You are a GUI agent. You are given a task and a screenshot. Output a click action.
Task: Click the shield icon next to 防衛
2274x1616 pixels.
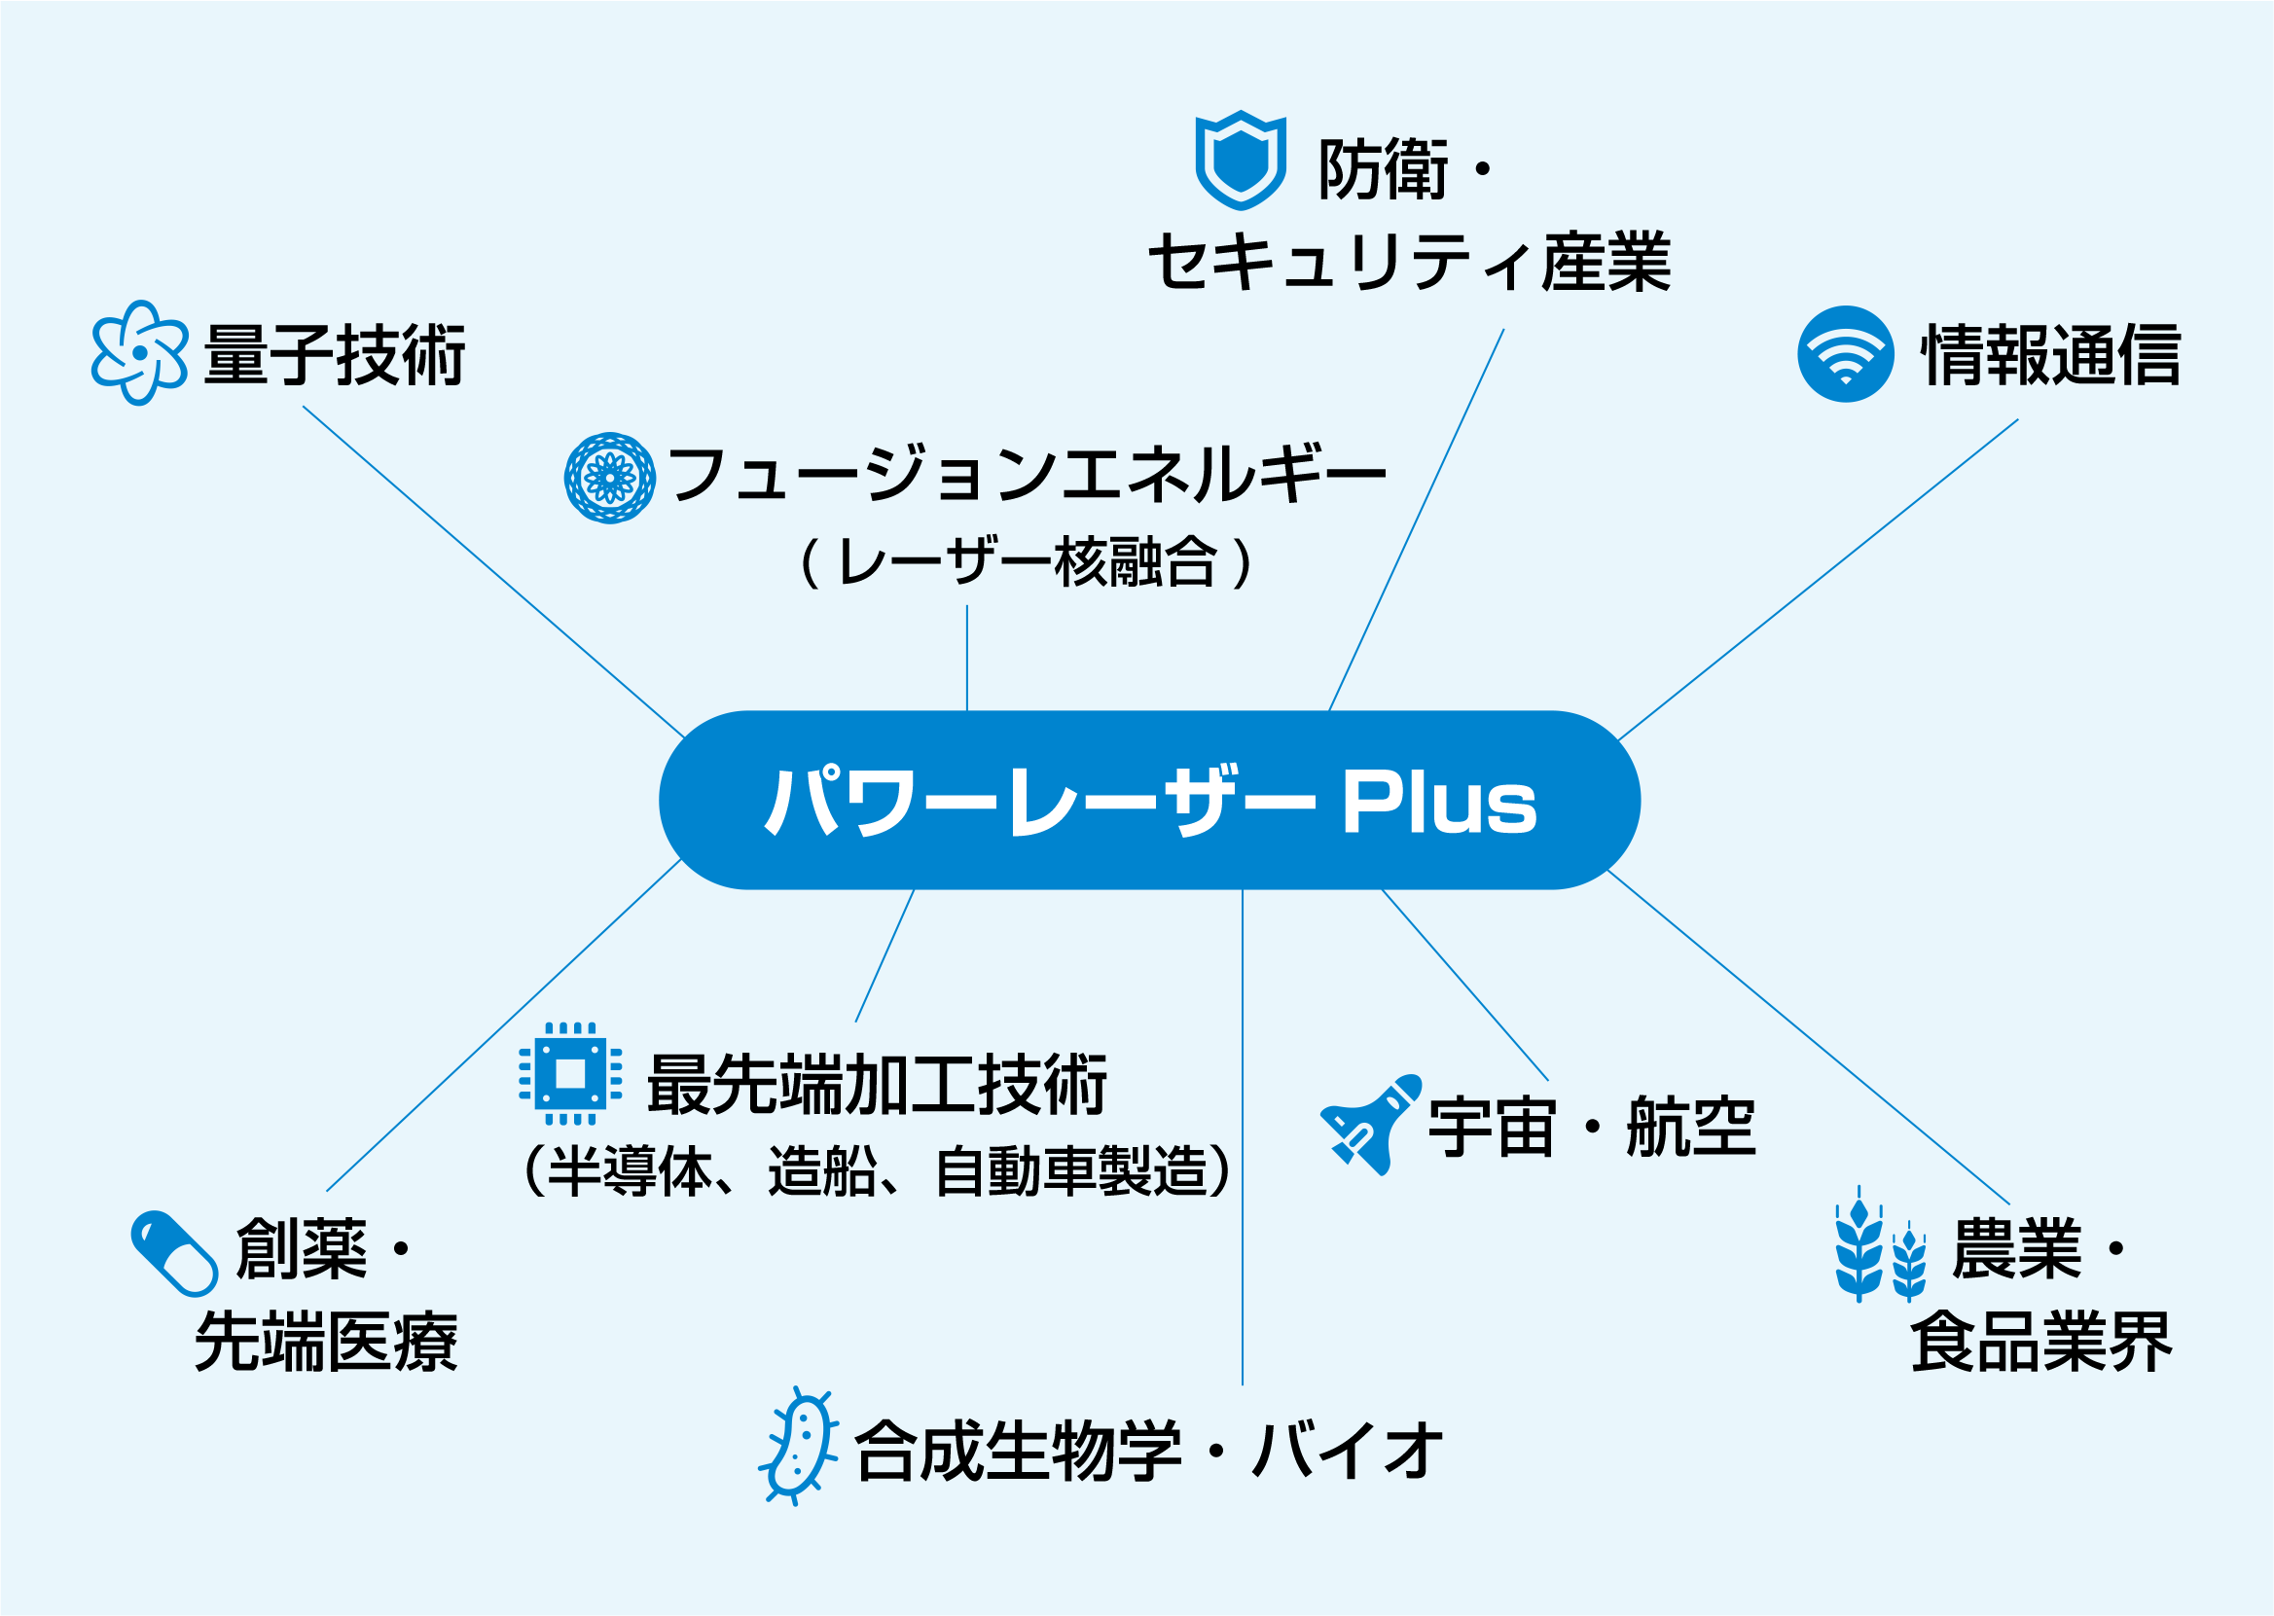coord(1240,161)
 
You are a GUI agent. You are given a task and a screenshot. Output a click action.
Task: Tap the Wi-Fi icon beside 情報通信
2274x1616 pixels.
coord(1845,354)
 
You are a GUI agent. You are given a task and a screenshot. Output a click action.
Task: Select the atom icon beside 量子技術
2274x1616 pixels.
coord(139,353)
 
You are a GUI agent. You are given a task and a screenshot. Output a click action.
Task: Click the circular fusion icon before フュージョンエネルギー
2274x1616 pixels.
coord(610,479)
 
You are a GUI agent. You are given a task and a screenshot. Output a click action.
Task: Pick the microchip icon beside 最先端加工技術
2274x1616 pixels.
coord(570,1075)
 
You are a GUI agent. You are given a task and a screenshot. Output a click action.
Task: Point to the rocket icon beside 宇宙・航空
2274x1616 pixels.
coord(1370,1125)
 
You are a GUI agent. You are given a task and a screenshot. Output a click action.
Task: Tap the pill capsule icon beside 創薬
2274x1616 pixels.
coord(174,1254)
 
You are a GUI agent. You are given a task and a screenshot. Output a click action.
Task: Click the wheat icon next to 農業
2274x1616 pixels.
coord(1880,1243)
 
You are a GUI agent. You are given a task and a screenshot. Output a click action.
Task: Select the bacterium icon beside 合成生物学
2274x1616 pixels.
coord(799,1446)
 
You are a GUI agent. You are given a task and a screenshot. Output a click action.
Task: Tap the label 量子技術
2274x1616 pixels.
coord(335,354)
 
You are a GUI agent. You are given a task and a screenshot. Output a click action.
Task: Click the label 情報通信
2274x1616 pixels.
coord(2051,354)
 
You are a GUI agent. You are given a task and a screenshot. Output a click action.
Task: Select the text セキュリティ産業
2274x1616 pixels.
coord(1410,263)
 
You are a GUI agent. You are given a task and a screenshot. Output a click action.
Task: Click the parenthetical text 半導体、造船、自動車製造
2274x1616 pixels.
coord(878,1170)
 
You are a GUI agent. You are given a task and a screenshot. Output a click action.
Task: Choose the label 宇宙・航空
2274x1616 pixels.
coord(1592,1127)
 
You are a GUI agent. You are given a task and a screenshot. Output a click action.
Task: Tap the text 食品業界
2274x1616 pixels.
coord(2041,1342)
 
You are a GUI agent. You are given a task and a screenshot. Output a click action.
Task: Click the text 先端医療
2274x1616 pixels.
coord(326,1342)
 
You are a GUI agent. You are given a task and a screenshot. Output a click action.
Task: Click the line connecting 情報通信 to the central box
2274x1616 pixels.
coord(1819,580)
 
